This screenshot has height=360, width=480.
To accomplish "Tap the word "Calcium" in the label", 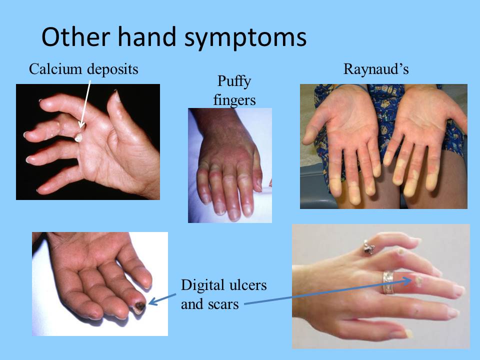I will point(55,69).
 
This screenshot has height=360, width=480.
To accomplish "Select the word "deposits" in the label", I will point(112,69).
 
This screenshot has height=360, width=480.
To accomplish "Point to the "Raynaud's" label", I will point(376,69).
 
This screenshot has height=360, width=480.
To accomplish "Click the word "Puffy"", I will point(234,81).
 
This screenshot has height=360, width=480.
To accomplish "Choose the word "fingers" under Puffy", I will point(234,99).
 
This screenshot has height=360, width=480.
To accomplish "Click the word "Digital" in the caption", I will point(202,286).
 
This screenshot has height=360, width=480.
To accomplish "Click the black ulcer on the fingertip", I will point(138,306).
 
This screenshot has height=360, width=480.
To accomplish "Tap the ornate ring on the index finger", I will point(369,247).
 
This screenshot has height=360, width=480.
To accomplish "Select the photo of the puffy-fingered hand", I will point(230,165).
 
